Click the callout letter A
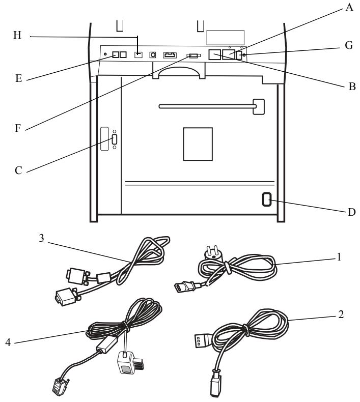click(349, 7)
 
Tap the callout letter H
click(17, 35)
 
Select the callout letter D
click(351, 212)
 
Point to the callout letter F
click(17, 128)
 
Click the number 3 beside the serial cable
click(42, 238)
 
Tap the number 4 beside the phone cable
click(8, 342)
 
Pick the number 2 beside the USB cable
click(341, 314)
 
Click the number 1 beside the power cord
click(339, 257)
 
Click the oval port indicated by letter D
click(267, 199)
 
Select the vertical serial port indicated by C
click(115, 139)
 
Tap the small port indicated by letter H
click(139, 54)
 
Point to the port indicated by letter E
click(116, 54)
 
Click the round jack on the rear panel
click(153, 54)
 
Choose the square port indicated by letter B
click(214, 54)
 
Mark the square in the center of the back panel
click(198, 144)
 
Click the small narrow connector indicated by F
click(193, 55)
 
